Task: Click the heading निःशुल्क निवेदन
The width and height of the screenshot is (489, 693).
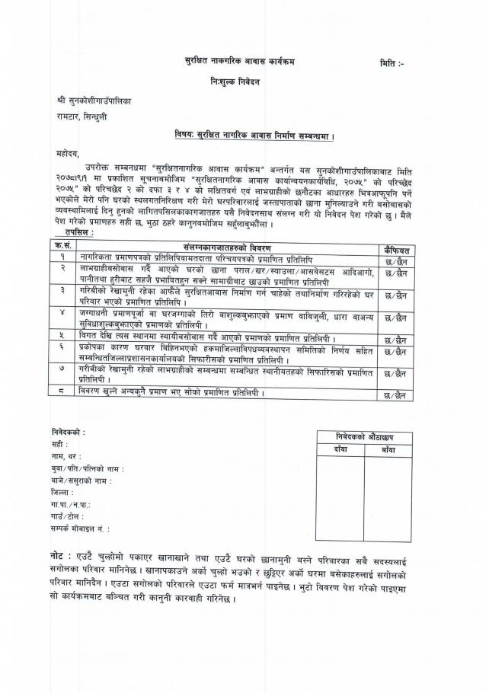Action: pyautogui.click(x=237, y=81)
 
